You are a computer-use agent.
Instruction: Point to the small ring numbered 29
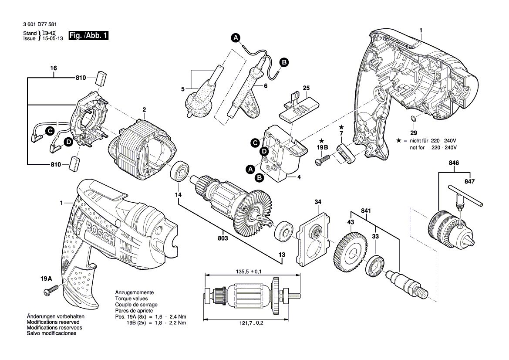coord(413,119)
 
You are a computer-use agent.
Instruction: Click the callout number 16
coord(54,68)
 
